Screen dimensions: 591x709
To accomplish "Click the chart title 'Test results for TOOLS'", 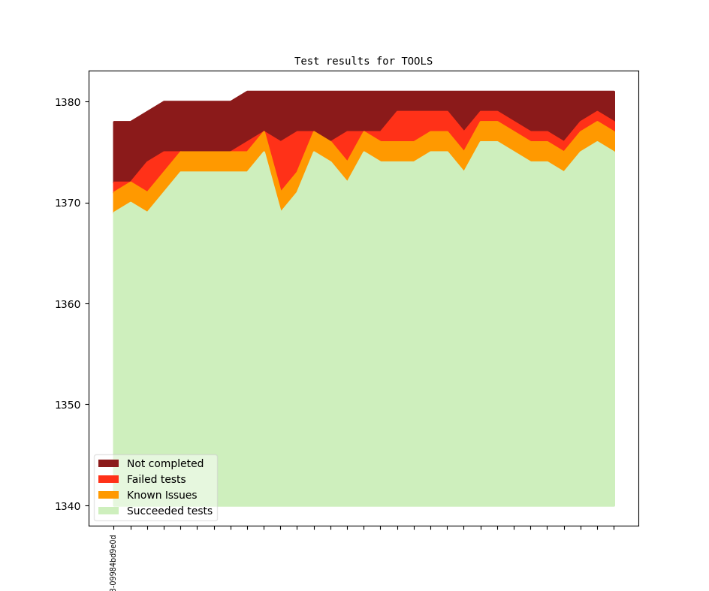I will (x=363, y=61).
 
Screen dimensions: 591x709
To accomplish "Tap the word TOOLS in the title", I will (x=417, y=61).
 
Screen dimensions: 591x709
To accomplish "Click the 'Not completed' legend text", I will (x=165, y=463).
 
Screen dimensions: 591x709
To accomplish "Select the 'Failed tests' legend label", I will (x=156, y=479).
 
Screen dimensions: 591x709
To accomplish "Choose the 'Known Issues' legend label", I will (x=161, y=495).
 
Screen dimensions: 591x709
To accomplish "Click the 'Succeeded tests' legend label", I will (x=170, y=511).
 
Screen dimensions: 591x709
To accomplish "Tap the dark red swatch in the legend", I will (x=108, y=463).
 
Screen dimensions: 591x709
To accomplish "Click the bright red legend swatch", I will (x=108, y=479).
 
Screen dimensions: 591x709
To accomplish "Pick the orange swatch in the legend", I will (x=108, y=495).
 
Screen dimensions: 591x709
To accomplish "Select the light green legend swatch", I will (x=108, y=511).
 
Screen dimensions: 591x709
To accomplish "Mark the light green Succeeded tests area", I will (x=376, y=338).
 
